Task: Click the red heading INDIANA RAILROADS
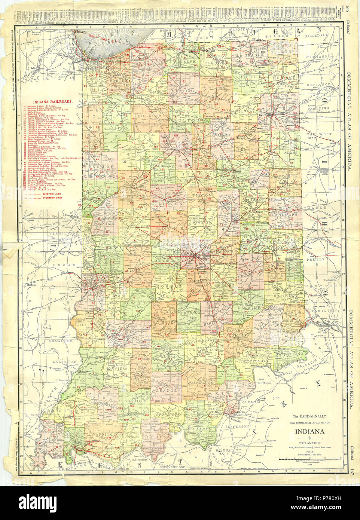52,101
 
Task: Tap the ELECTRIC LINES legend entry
53,194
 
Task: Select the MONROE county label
163,322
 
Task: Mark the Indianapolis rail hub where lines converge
194,256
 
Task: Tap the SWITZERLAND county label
289,353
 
